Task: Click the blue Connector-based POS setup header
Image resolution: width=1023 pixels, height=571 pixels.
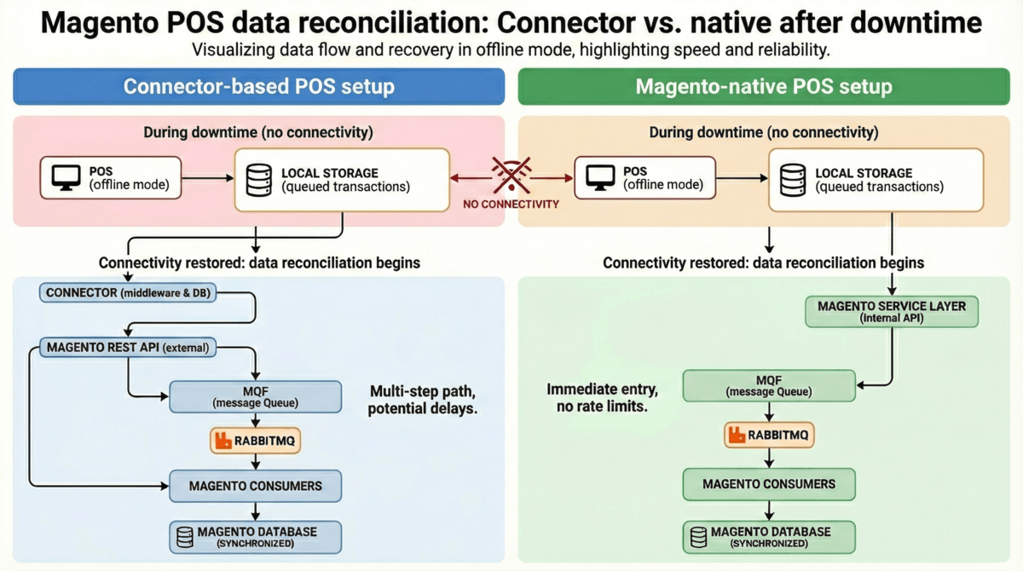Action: pos(259,86)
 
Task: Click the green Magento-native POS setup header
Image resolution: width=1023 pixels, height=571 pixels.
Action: pos(764,86)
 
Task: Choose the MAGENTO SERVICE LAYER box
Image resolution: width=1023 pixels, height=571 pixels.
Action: pos(891,312)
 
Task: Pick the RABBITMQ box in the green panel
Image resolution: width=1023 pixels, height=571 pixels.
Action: pos(769,435)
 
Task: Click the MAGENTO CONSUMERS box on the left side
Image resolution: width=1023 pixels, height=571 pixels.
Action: pos(256,486)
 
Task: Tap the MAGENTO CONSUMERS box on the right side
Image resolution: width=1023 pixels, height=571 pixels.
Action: pos(769,484)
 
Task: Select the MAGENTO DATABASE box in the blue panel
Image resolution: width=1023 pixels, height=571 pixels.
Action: pos(256,537)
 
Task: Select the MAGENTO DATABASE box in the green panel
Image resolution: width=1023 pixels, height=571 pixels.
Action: pos(769,537)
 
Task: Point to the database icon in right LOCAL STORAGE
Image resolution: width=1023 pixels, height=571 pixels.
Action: pos(793,179)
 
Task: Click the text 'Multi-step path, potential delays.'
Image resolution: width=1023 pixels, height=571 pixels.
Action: pos(423,401)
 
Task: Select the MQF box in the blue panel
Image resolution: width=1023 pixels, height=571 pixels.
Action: pos(256,396)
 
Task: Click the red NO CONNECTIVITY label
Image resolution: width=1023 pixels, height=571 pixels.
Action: pos(511,205)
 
